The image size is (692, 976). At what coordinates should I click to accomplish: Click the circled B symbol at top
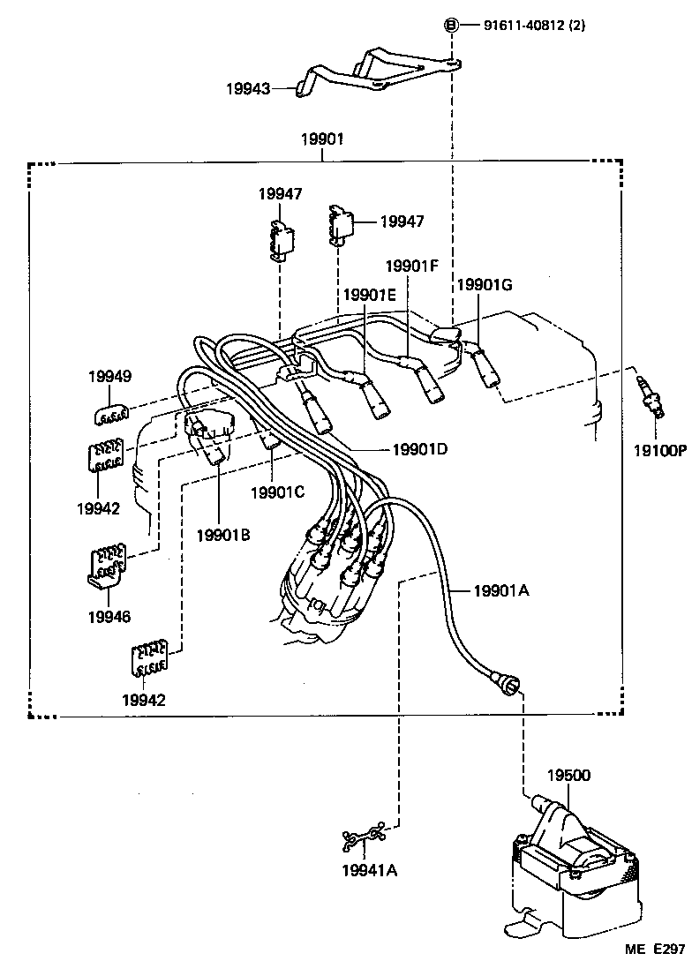click(x=452, y=26)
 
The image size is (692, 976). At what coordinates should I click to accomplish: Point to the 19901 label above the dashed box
click(x=322, y=139)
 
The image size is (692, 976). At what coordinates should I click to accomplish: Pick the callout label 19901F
click(x=411, y=265)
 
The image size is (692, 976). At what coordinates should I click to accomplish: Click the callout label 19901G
click(x=484, y=284)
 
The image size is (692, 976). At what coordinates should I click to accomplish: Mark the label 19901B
click(x=223, y=534)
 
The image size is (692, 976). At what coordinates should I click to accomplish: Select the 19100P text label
click(x=658, y=449)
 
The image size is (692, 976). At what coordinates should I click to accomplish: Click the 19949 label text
click(x=110, y=377)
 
